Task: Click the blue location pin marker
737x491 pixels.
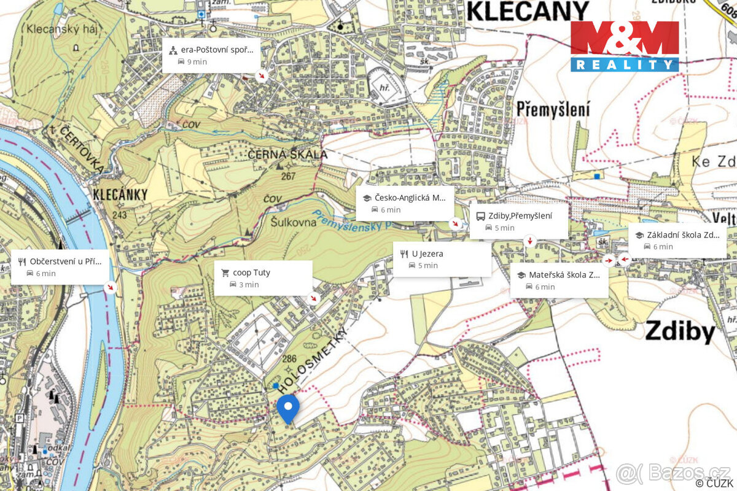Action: tap(287, 408)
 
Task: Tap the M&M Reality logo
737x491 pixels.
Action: tap(625, 46)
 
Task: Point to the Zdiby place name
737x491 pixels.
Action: tap(680, 332)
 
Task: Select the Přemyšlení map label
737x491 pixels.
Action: tap(553, 109)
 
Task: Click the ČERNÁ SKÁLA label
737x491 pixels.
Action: tap(287, 155)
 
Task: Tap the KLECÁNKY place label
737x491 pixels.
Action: tap(120, 195)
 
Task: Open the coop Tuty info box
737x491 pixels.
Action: tap(263, 278)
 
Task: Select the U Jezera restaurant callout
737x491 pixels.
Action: tap(442, 259)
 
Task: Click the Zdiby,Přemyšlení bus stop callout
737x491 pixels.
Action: tap(518, 221)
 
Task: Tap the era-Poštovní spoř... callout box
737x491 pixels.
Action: tap(211, 56)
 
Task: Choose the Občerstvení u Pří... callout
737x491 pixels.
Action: tap(60, 267)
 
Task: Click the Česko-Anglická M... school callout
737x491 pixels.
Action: tap(405, 204)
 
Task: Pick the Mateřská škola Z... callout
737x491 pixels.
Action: tap(559, 280)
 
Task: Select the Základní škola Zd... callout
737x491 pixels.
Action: tap(677, 240)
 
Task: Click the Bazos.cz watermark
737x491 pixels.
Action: tap(673, 473)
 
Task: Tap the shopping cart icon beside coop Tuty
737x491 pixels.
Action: tap(225, 273)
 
